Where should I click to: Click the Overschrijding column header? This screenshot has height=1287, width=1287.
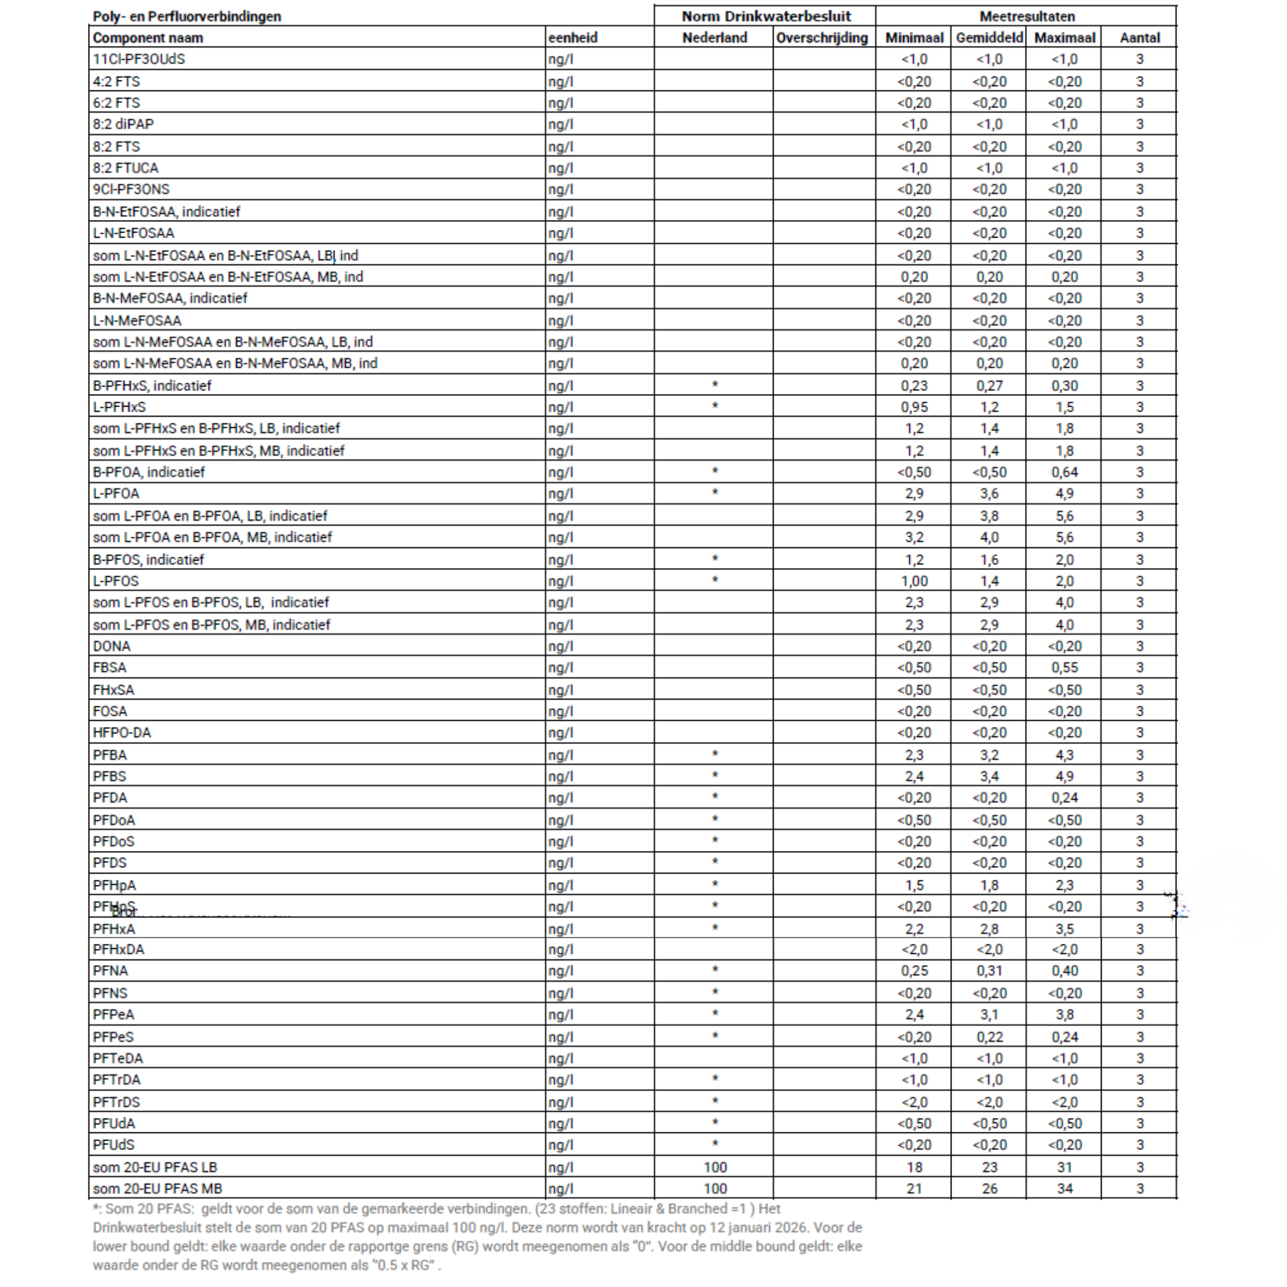[x=821, y=38]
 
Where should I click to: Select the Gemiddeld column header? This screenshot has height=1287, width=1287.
[x=989, y=38]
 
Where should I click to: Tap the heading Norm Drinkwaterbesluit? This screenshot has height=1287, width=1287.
[x=766, y=16]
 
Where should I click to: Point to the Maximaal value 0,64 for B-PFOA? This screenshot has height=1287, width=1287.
[x=1065, y=473]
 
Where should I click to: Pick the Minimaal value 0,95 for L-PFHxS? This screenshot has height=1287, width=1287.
[x=914, y=407]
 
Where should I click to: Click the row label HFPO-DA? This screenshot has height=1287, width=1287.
[x=122, y=733]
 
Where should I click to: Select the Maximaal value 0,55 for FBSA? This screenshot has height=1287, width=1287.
[x=1065, y=667]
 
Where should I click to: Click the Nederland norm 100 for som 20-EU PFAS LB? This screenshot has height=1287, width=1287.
[x=715, y=1167]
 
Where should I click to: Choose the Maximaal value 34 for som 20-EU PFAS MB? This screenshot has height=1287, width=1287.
[x=1065, y=1188]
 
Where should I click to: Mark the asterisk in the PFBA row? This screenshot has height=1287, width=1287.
[x=715, y=754]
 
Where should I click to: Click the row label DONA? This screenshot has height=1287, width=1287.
[x=112, y=646]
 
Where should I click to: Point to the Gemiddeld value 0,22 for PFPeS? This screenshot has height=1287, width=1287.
[x=989, y=1037]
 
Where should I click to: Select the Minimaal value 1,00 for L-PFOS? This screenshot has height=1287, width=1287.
[x=914, y=581]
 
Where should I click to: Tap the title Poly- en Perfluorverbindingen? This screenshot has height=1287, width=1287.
[x=187, y=16]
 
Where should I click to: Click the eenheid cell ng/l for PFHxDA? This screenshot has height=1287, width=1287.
[x=560, y=950]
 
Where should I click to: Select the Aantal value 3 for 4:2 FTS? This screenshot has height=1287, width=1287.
[x=1140, y=81]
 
